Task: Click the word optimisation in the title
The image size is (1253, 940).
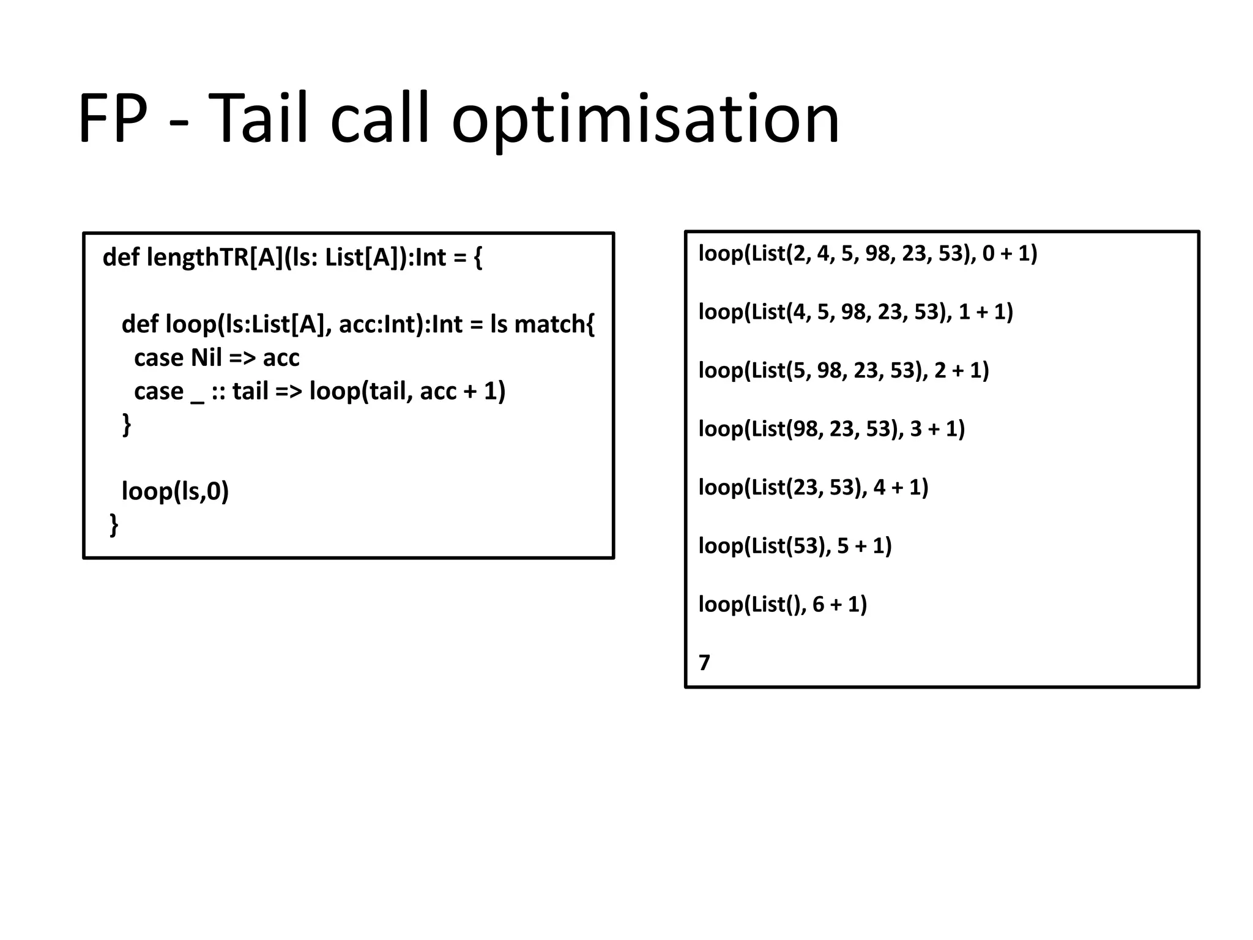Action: tap(645, 119)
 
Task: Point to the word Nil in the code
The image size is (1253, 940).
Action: tap(206, 358)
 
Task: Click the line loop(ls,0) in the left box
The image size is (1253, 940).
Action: tap(175, 491)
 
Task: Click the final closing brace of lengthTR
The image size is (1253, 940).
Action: tap(114, 524)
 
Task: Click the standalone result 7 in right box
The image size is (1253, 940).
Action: tap(704, 663)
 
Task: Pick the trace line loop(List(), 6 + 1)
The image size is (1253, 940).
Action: tap(783, 605)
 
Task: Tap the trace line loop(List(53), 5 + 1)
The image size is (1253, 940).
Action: tap(795, 546)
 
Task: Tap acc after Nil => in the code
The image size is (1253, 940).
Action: tap(281, 358)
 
